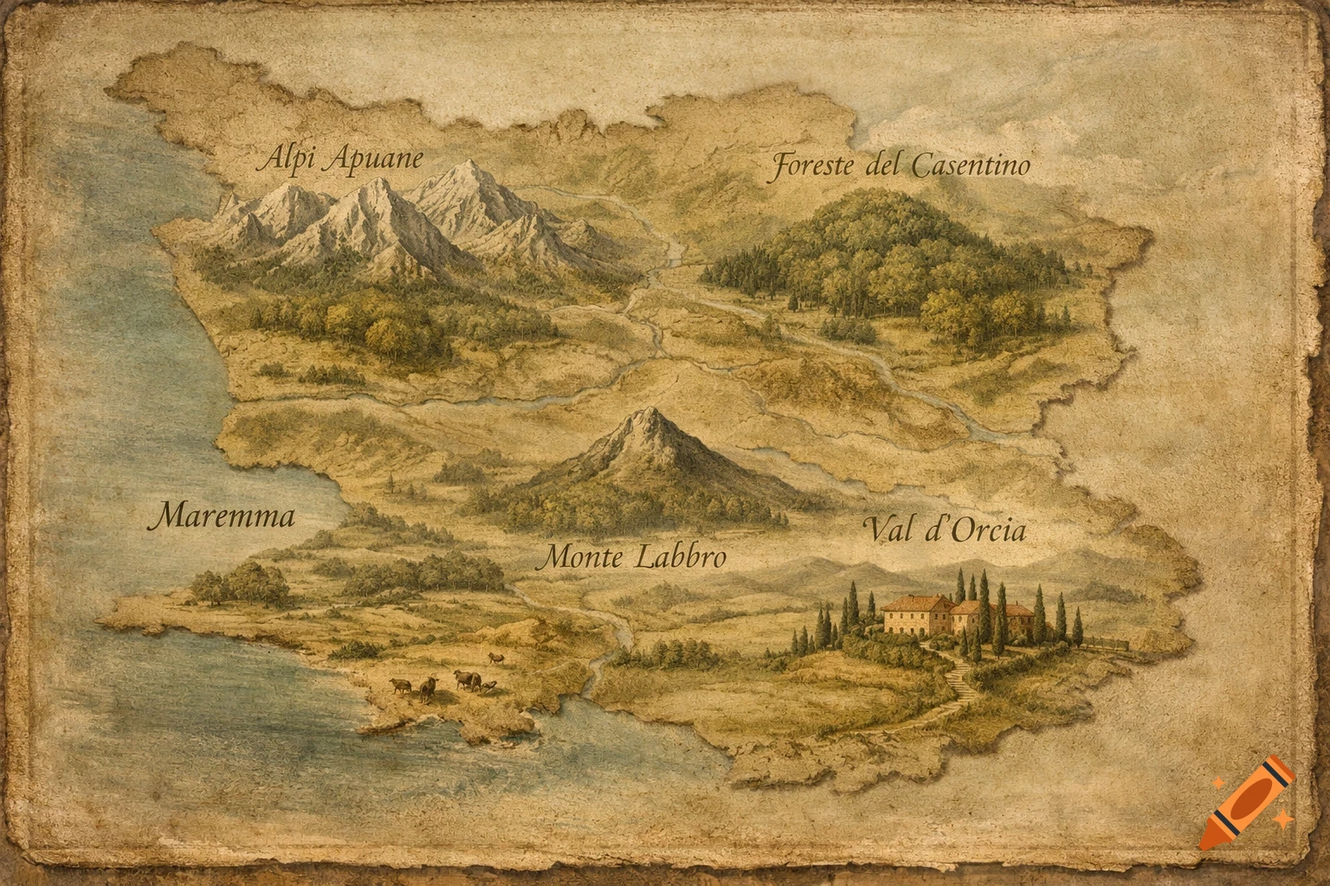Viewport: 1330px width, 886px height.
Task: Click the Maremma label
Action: click(x=222, y=517)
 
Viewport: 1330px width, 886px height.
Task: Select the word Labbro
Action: click(x=681, y=558)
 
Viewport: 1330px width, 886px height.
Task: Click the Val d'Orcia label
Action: click(x=944, y=530)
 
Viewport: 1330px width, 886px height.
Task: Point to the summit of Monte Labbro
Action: click(x=647, y=413)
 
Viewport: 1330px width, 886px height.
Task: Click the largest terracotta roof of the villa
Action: click(x=918, y=602)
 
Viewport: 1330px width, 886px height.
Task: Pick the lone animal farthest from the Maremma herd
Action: click(x=496, y=658)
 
